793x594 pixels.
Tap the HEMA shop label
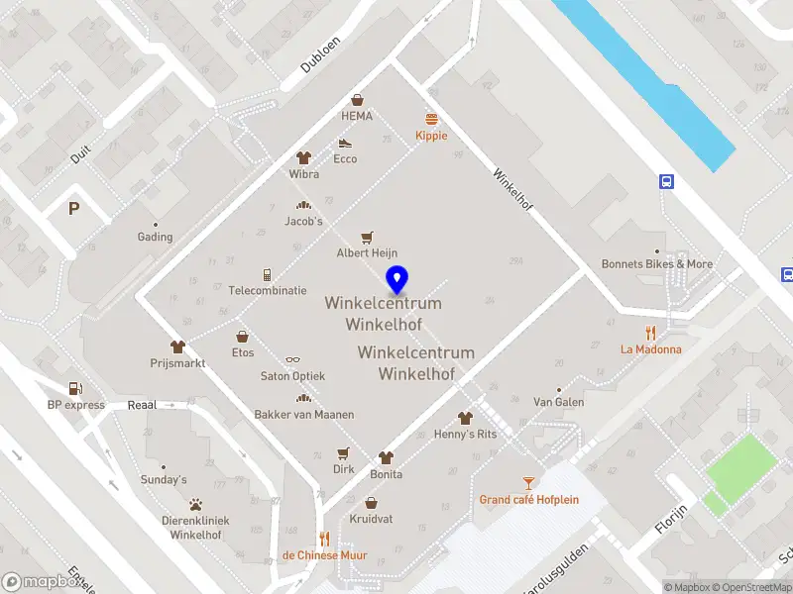[x=357, y=116]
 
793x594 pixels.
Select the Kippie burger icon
[x=431, y=118]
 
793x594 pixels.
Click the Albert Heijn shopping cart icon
[x=367, y=237]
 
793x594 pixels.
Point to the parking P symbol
[x=73, y=208]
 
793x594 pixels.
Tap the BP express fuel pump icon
[x=74, y=388]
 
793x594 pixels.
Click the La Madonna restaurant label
[x=650, y=348]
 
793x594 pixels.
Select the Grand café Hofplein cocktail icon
[x=528, y=482]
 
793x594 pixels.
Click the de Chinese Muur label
[x=324, y=554]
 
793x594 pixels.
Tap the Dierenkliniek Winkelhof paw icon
[x=196, y=504]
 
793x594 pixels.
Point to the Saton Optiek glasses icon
[x=292, y=360]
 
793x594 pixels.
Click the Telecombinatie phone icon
[x=267, y=274]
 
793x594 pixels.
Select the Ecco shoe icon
[x=345, y=143]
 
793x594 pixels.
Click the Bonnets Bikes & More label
[x=656, y=264]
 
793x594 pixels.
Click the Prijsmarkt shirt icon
[x=177, y=346]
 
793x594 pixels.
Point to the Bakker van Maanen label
[x=303, y=414]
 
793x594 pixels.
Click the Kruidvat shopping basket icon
[x=371, y=502]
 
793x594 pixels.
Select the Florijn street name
[x=670, y=518]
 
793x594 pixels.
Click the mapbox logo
[x=43, y=582]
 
